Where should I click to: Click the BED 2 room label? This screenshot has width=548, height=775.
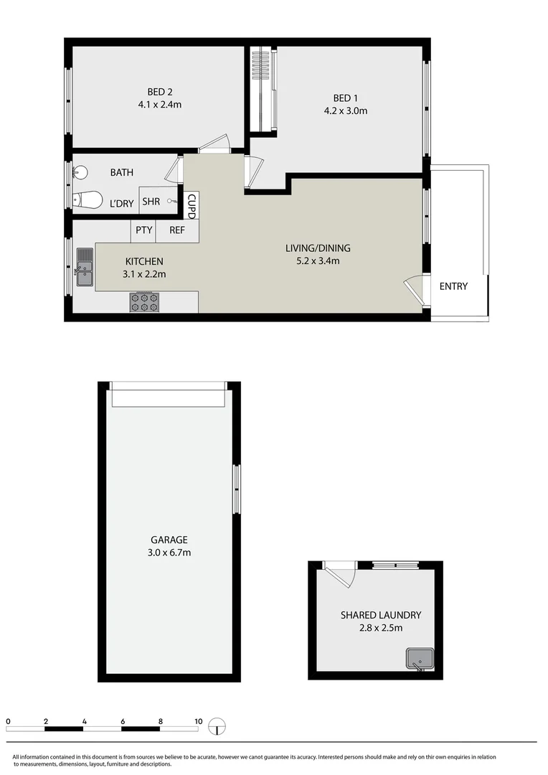(x=160, y=92)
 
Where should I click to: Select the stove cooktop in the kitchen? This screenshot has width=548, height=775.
(x=143, y=302)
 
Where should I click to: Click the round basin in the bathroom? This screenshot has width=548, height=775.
(x=80, y=173)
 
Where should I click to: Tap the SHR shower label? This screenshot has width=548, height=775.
(x=151, y=202)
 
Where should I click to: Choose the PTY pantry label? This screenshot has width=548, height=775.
(x=143, y=230)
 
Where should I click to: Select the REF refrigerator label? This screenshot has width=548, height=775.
(x=176, y=230)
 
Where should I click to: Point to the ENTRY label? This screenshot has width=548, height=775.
(x=453, y=286)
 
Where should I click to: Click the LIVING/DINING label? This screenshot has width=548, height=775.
(x=318, y=248)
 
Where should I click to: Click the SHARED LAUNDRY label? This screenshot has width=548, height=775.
(x=380, y=615)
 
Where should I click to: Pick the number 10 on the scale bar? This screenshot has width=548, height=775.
(x=198, y=721)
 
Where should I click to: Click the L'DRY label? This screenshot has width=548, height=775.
(x=121, y=204)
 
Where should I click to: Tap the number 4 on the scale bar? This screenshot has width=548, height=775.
(x=85, y=721)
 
